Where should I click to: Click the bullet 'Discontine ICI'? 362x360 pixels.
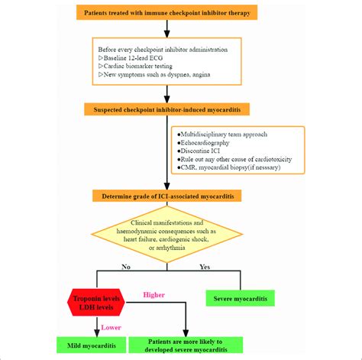pos(203,151)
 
